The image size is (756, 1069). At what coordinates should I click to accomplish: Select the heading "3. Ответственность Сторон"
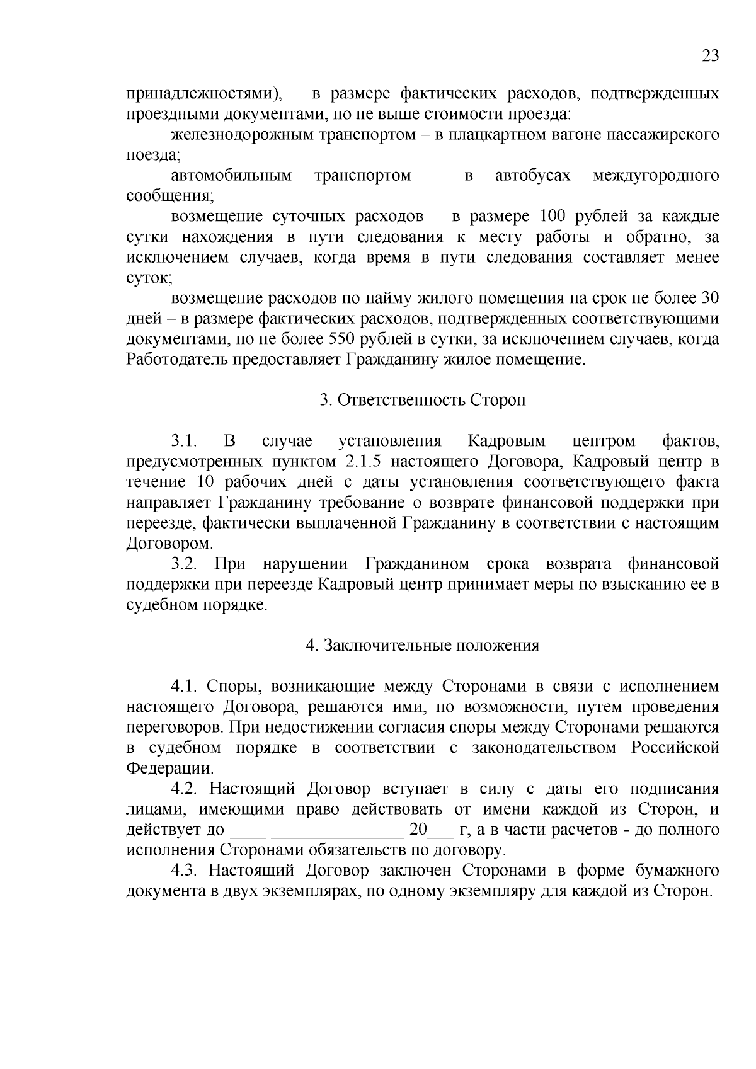pos(422,401)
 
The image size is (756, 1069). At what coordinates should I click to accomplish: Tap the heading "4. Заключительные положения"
pos(422,646)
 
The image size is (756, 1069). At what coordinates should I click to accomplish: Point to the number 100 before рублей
pos(554,217)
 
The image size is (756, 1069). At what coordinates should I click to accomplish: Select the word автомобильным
pos(231,176)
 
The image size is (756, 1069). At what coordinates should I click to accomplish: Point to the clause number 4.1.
pos(185,687)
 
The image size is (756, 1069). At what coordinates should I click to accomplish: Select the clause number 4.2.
pos(185,789)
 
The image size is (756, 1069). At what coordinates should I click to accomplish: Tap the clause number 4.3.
pos(185,871)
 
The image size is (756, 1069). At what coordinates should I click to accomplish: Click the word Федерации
pos(169,769)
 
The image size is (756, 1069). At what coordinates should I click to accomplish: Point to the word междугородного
pos(656,176)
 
